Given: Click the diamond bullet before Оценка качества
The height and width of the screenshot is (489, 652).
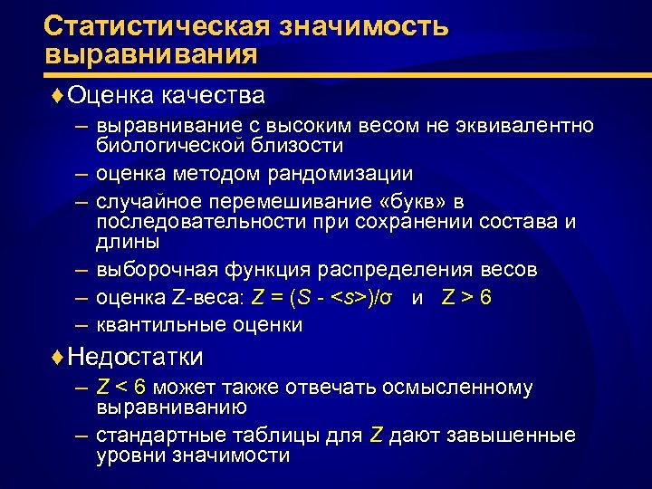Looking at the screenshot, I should [59, 95].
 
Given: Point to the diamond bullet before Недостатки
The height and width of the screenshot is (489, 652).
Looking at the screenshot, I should [59, 356].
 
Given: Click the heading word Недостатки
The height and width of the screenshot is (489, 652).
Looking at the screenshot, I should [136, 356].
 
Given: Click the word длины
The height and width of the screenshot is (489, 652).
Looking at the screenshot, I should [128, 242].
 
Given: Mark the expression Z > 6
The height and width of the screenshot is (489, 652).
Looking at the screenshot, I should [466, 297].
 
